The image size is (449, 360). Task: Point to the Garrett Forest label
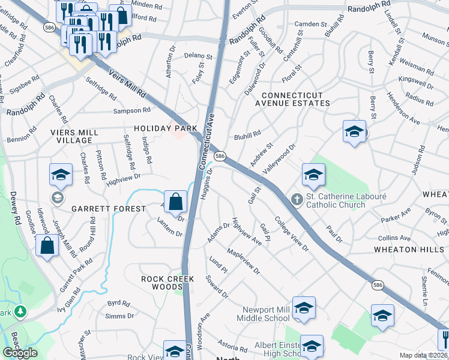[109, 208]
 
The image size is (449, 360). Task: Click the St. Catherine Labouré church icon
[296, 199]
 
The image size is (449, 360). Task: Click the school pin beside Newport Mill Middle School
[304, 308]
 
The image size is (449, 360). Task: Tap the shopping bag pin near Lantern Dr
[175, 203]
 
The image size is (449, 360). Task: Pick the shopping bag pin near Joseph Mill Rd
[47, 245]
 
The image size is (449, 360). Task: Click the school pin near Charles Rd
[61, 175]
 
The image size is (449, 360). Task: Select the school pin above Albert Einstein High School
[312, 346]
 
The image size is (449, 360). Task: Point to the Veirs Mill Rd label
[127, 83]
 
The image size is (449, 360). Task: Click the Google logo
[20, 352]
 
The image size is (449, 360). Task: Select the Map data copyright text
[423, 355]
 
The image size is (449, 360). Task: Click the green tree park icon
[20, 311]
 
